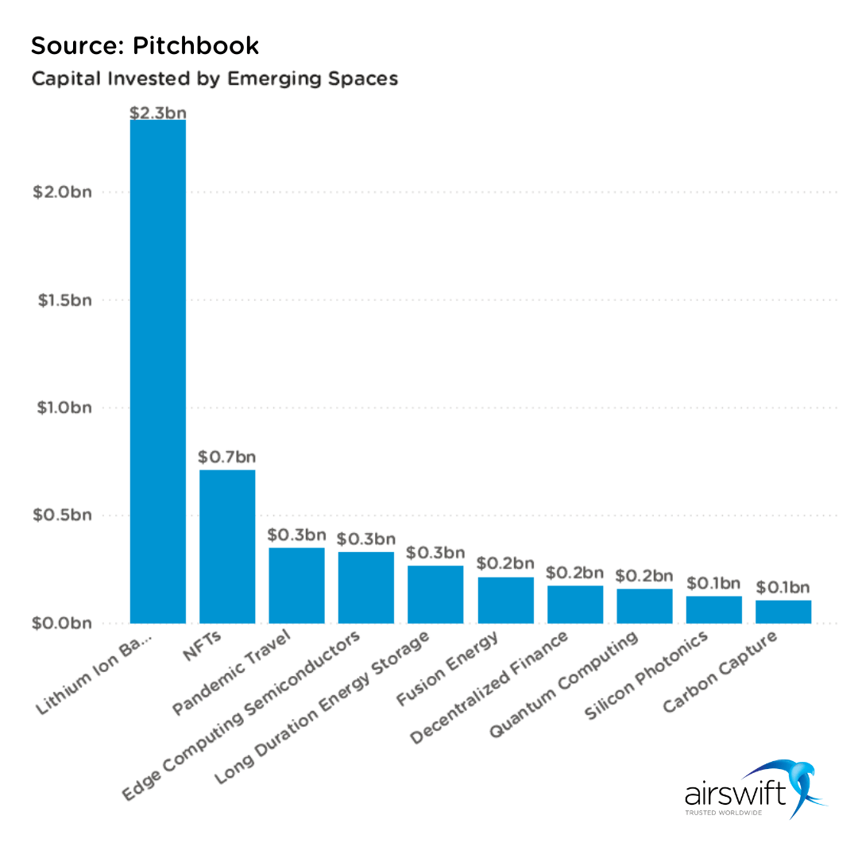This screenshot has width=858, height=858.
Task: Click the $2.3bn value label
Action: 157,111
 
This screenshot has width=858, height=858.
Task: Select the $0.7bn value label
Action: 227,458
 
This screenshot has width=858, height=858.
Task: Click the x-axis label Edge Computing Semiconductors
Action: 242,713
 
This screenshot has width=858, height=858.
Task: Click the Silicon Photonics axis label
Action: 645,675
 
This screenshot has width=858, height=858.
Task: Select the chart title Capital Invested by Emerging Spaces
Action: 214,79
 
